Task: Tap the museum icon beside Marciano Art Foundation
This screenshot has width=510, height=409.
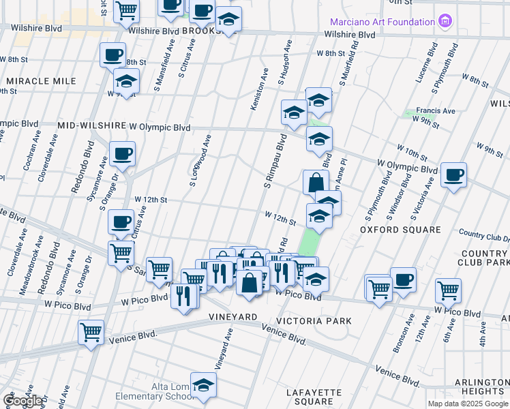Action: [446, 21]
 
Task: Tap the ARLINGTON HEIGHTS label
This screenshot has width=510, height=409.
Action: [482, 387]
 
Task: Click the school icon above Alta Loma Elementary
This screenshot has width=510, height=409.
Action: [203, 385]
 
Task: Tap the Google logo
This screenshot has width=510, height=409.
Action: [23, 401]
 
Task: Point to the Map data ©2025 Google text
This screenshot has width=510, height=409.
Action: [468, 404]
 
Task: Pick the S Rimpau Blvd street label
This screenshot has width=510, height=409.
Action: [272, 162]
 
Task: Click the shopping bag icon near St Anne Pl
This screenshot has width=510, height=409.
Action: [316, 183]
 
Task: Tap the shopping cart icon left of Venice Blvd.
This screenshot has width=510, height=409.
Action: [91, 333]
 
